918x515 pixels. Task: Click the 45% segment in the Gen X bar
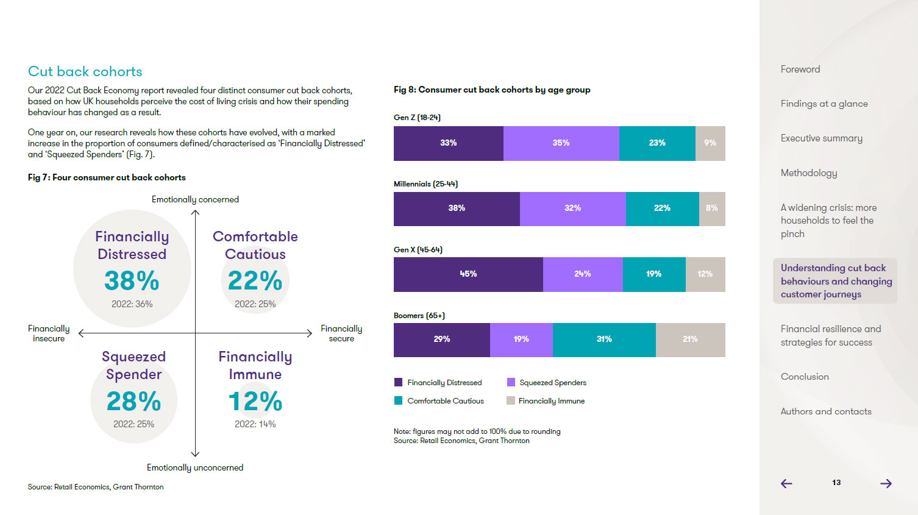point(468,274)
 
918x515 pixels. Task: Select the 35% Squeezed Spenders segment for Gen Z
point(561,143)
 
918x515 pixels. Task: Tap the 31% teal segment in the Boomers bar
point(604,339)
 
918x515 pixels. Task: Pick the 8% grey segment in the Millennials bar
point(712,208)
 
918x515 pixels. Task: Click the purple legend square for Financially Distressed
point(398,382)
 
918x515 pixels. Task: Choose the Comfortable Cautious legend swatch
point(398,400)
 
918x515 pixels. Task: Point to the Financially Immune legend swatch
point(511,400)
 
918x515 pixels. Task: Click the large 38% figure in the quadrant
point(132,281)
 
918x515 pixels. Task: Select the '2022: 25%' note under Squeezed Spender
point(133,424)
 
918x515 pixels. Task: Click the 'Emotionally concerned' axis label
point(195,199)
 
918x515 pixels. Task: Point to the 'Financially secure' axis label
point(341,333)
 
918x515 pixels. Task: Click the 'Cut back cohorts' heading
point(85,71)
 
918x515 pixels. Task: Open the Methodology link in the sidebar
point(809,173)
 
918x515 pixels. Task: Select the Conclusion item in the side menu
point(805,377)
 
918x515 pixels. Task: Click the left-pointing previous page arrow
point(787,483)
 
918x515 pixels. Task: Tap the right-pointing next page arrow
point(886,483)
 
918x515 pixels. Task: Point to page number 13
point(836,483)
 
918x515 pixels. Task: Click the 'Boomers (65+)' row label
point(419,316)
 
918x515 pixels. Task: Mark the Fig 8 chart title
point(492,90)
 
